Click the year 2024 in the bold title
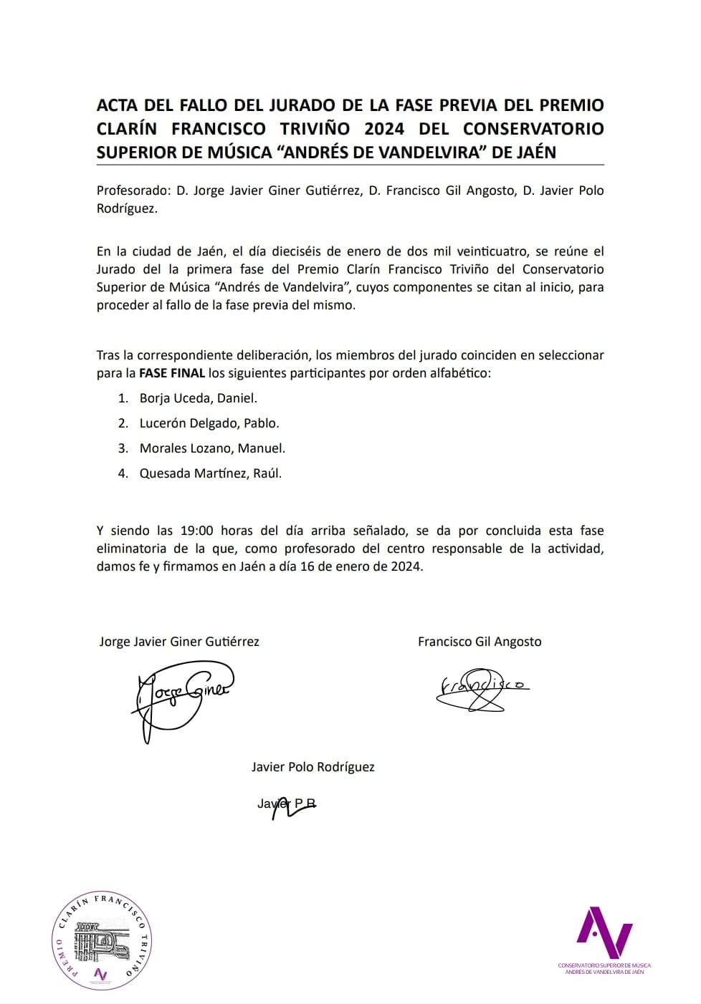tap(383, 129)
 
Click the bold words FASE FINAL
tap(172, 373)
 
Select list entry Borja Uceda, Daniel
tap(198, 398)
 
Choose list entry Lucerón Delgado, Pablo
tap(209, 423)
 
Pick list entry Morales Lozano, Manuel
tap(212, 448)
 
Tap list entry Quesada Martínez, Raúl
tap(210, 473)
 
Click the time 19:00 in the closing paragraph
tap(196, 531)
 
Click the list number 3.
tap(123, 448)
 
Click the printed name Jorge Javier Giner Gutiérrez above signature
tap(179, 642)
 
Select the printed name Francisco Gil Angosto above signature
tap(480, 642)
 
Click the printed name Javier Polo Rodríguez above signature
tap(313, 767)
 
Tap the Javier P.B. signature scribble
tap(287, 805)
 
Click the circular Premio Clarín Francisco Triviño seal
tap(103, 942)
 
